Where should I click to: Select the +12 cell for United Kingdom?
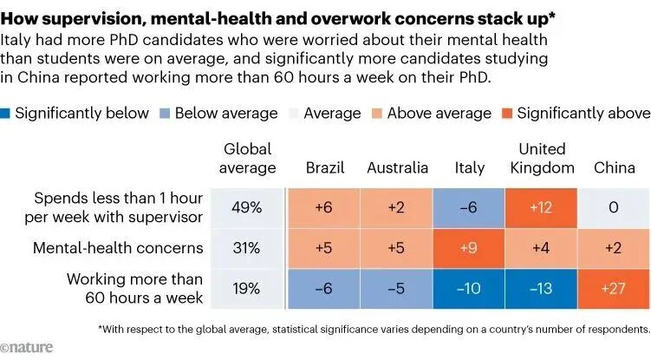click(x=541, y=209)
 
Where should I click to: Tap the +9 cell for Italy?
click(x=469, y=249)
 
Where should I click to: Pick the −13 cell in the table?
click(x=541, y=289)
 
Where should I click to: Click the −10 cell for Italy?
click(x=469, y=289)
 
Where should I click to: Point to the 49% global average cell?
click(x=248, y=209)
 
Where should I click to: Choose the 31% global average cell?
click(x=248, y=249)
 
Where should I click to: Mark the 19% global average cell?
click(x=248, y=289)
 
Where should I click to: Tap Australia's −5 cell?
click(x=397, y=289)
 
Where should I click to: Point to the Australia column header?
click(x=397, y=167)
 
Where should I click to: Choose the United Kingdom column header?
click(x=541, y=158)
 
